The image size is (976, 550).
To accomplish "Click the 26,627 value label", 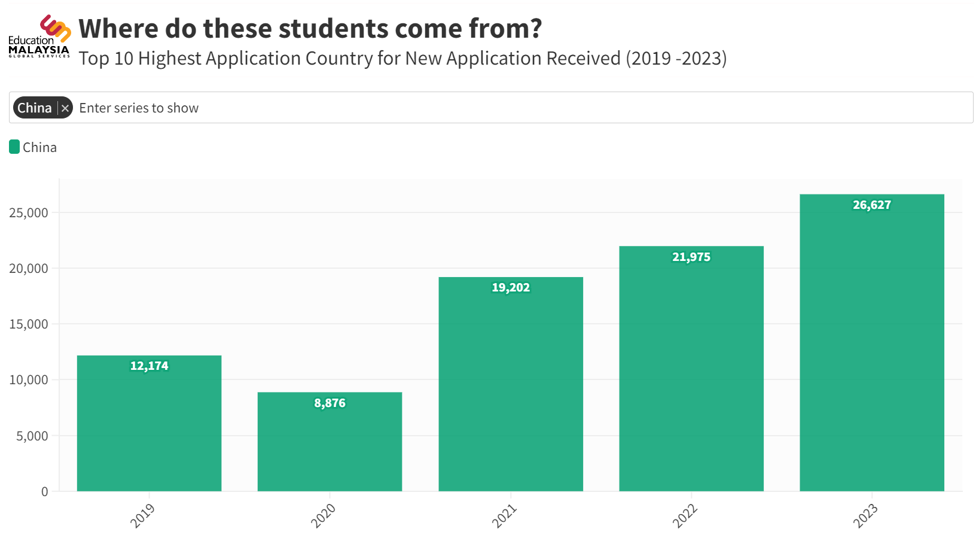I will point(872,205).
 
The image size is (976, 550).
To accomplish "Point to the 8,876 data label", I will point(330,403).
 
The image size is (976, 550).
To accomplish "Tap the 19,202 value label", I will point(511,288).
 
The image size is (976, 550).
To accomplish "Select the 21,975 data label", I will point(691,257).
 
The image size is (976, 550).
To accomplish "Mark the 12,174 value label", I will point(149,366).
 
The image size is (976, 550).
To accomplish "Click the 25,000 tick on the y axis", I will point(29,213).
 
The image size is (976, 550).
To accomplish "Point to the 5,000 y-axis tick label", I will point(32,436).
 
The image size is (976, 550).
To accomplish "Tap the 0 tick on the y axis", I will point(45,492).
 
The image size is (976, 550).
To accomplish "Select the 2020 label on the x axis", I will point(323,516).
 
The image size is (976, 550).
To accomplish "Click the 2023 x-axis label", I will point(865,516).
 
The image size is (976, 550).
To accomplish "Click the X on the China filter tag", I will point(65,108).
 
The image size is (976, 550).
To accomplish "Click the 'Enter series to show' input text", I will point(139,108).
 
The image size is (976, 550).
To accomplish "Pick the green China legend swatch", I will point(14,147).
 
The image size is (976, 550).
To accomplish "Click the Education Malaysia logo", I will point(40,37).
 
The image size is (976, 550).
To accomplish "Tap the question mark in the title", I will point(535,29).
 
